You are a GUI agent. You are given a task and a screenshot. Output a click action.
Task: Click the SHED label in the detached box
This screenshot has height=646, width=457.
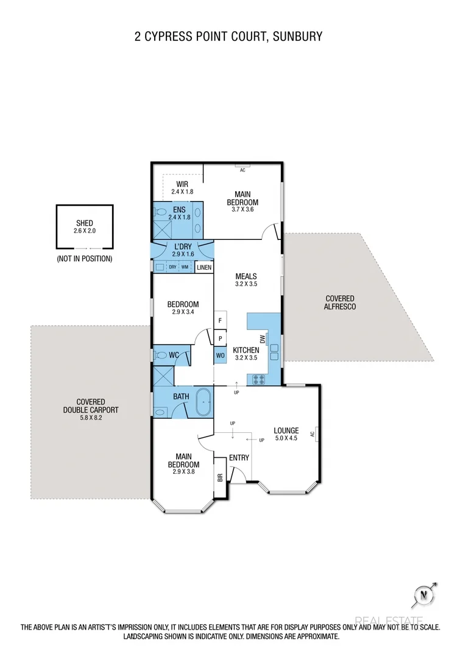point(85,223)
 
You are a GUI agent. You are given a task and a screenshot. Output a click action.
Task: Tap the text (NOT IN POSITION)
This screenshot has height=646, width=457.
point(85,258)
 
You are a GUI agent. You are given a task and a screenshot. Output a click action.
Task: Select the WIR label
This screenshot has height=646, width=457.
point(182,184)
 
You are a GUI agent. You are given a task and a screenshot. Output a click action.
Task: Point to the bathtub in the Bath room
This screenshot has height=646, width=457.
point(204,404)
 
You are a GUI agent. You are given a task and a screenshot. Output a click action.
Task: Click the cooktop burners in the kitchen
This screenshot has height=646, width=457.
point(257,379)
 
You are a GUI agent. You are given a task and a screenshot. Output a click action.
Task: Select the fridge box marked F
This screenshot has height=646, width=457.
point(219,320)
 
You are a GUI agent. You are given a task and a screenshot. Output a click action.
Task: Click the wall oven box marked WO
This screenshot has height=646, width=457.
point(219,355)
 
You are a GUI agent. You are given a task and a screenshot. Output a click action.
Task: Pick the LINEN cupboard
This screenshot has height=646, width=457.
point(204,267)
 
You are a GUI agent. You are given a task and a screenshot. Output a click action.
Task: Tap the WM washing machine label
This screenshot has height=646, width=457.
point(184,267)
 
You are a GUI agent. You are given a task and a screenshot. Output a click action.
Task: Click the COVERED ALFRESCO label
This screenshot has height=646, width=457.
point(340,303)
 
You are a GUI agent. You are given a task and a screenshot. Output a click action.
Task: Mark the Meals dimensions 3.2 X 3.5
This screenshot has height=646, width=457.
point(246,284)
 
